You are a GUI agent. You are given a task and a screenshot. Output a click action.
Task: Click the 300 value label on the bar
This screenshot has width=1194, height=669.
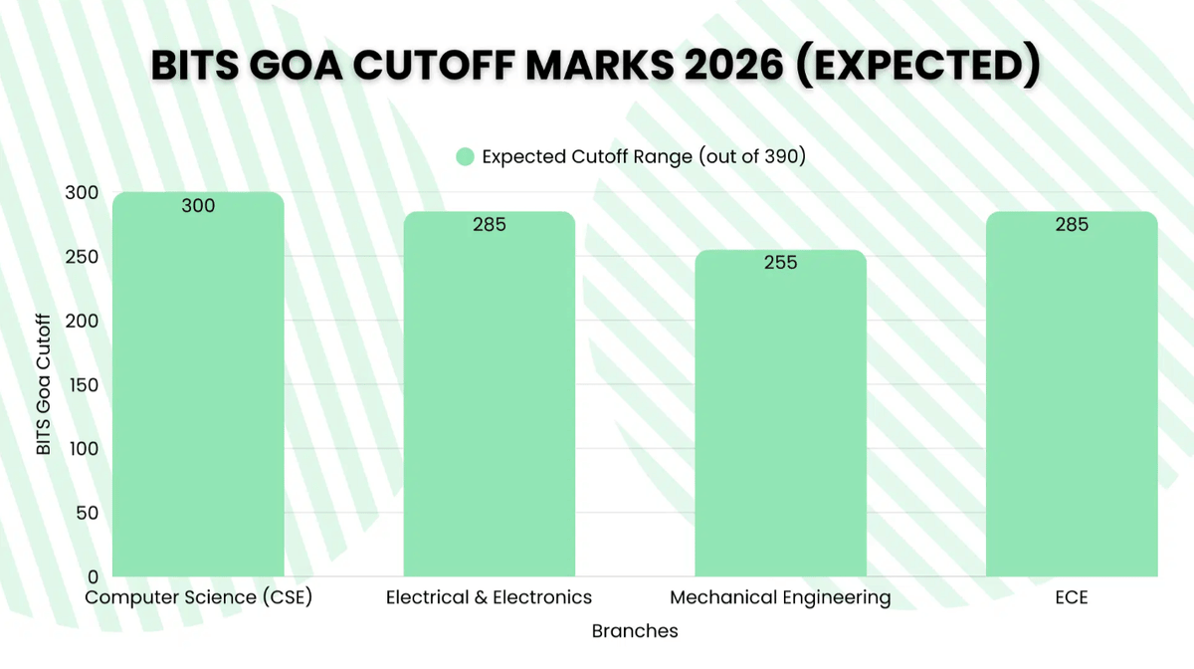[198, 206]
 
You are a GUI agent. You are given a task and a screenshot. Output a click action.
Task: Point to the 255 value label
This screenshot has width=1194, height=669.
[780, 263]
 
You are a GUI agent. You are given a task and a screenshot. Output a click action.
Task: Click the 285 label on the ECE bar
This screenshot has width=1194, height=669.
[1072, 225]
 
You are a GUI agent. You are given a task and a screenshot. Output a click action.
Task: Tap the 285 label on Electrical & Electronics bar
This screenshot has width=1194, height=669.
[489, 225]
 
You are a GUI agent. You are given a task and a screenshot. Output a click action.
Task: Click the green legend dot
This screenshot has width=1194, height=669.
[465, 157]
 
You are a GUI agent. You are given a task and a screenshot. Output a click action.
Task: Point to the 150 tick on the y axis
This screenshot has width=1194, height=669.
[87, 385]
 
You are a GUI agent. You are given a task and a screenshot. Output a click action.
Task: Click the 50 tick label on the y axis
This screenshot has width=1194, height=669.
[91, 513]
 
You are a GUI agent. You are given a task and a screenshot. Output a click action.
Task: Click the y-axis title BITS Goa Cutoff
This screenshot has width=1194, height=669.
[43, 383]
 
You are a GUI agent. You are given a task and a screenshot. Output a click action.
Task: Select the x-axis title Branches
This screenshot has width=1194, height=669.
[635, 631]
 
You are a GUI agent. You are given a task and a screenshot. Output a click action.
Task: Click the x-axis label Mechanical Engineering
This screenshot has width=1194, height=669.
[780, 598]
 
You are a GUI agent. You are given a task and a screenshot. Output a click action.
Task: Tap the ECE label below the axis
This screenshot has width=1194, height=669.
[1072, 598]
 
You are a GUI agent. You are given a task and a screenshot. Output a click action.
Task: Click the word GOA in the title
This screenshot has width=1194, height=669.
[304, 66]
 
